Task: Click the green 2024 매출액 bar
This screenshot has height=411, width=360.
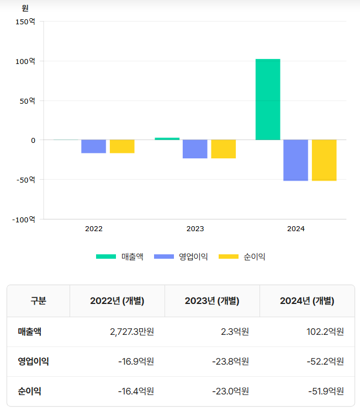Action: click(268, 99)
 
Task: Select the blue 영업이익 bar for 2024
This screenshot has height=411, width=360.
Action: click(296, 160)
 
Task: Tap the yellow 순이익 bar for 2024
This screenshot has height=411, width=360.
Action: click(324, 160)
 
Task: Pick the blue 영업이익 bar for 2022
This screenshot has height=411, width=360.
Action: click(94, 146)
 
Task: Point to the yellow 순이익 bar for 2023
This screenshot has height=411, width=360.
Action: click(223, 149)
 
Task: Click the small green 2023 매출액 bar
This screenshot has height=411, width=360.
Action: click(167, 138)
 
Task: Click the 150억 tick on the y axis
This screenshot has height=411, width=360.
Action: click(25, 22)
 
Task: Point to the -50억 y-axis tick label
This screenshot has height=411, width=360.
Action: click(24, 180)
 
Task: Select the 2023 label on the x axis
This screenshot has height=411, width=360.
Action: click(195, 228)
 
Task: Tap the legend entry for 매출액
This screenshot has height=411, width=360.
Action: click(120, 257)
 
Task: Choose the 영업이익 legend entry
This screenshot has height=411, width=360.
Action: click(181, 257)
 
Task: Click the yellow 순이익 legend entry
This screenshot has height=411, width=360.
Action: click(242, 257)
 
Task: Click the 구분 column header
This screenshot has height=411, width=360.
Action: click(38, 301)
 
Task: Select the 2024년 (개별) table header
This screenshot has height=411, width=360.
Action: click(307, 301)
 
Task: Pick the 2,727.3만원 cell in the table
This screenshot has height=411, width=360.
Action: click(132, 332)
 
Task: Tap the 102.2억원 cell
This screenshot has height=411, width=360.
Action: click(326, 332)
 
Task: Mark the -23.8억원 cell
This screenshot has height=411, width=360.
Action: click(230, 362)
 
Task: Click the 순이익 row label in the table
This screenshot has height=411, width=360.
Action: click(29, 392)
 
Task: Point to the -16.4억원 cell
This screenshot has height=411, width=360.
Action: click(136, 392)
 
